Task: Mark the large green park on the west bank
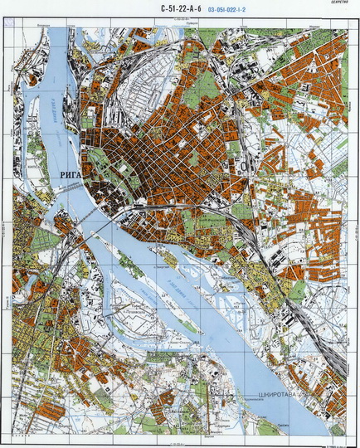coord(46,241)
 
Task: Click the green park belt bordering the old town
coord(104,162)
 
